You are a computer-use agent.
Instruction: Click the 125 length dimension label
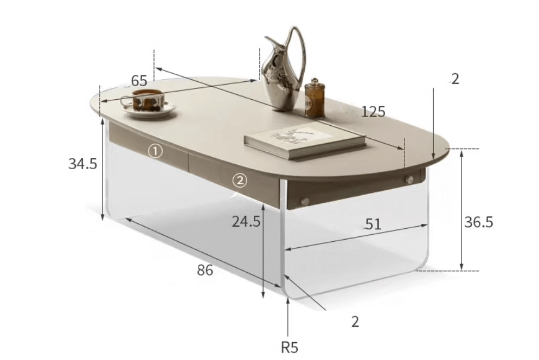[x=373, y=111]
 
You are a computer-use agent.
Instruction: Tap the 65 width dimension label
[x=139, y=81]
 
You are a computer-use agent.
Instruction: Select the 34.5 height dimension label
[x=83, y=164]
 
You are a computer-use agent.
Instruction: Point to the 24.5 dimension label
[x=246, y=221]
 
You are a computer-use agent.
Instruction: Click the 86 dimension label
[x=205, y=270]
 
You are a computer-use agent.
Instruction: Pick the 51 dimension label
[x=373, y=224]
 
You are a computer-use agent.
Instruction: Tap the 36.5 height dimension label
[x=478, y=222]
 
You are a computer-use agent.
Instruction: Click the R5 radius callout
[x=290, y=348]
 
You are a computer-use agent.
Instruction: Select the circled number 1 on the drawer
[x=155, y=151]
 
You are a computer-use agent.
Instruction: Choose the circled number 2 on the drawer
[x=240, y=180]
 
